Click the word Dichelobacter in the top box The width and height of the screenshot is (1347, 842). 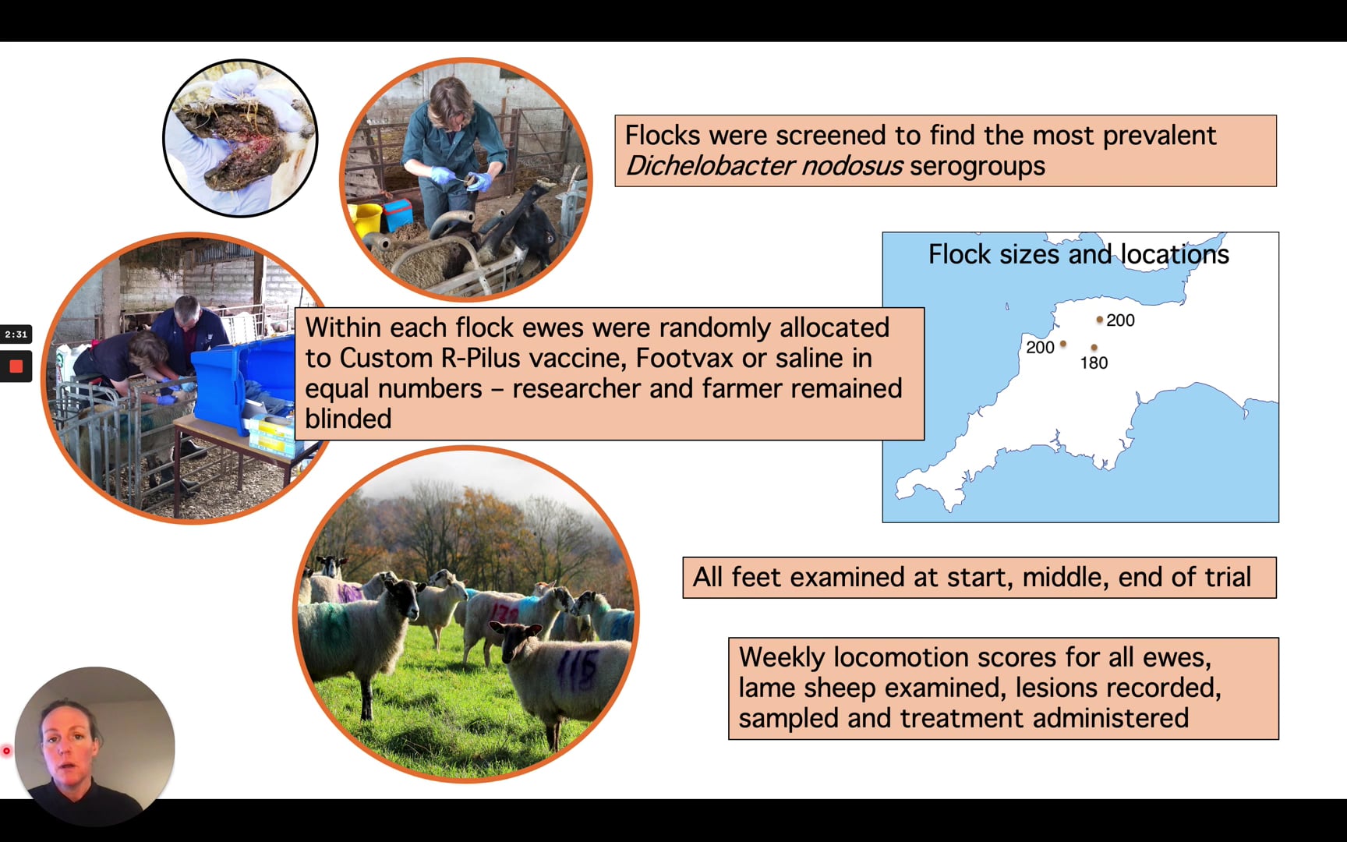[709, 166]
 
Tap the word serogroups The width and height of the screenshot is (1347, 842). [978, 167]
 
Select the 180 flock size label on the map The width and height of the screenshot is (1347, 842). [1094, 363]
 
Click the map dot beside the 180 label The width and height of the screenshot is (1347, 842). [1094, 348]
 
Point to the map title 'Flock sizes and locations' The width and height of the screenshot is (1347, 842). [1079, 254]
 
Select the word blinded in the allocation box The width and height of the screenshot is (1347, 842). [348, 419]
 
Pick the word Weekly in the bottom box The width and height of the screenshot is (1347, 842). [781, 658]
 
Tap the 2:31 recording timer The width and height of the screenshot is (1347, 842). [16, 334]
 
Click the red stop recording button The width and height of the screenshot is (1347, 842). [16, 366]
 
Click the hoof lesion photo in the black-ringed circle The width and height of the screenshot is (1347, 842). [240, 138]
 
